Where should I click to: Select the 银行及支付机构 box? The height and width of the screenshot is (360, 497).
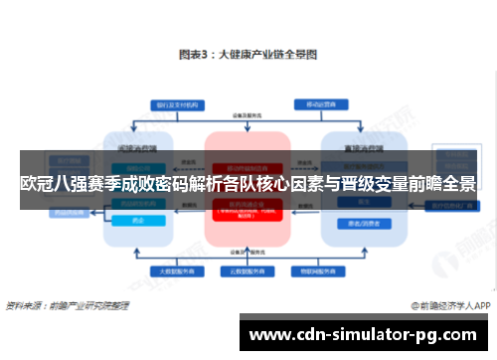(176, 104)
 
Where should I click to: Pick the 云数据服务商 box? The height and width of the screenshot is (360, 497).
(248, 270)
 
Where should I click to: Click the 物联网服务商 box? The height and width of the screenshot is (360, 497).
(321, 270)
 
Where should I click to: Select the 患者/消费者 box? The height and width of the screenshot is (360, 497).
(359, 225)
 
